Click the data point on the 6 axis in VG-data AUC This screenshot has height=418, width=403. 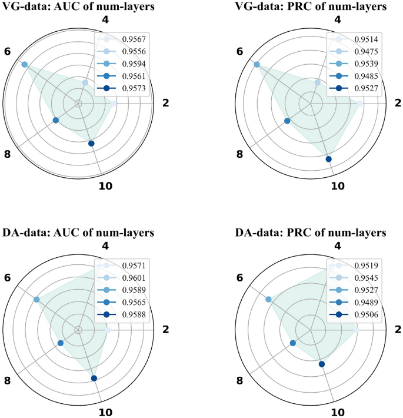click(x=25, y=64)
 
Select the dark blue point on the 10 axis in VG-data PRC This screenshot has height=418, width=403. click(x=328, y=159)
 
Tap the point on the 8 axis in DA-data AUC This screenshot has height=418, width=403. click(x=60, y=343)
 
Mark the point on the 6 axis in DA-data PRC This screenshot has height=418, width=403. click(x=268, y=299)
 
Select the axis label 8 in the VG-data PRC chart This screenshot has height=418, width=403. click(x=240, y=155)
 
